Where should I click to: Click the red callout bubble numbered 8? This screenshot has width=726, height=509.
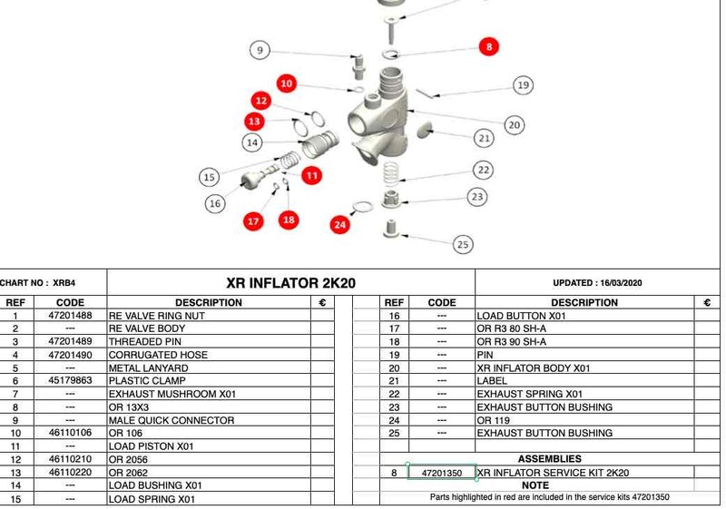pos(488,46)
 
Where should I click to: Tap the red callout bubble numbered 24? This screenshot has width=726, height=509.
pos(340,223)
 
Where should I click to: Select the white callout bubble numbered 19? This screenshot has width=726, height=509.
pos(522,85)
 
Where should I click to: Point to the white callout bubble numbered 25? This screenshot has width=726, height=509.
pos(463,243)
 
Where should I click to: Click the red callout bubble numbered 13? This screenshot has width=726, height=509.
pos(254,121)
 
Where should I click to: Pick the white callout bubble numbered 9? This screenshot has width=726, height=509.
pos(260,51)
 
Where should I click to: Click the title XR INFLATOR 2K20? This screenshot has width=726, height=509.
pos(290,283)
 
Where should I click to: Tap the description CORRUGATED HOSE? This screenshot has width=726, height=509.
pos(158,355)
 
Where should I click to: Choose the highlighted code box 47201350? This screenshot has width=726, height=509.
pos(442,473)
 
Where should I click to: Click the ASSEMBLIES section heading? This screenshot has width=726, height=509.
pos(549,459)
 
